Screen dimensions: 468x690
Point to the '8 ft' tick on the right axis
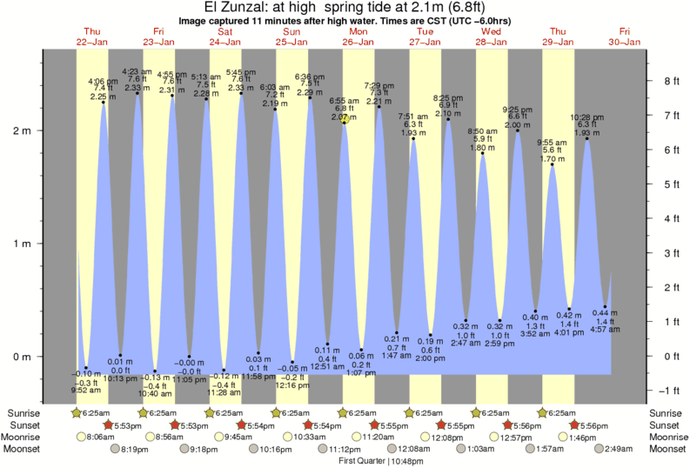[x=672, y=81]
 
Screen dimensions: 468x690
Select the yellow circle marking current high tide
[x=345, y=118]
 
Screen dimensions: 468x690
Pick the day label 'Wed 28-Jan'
[x=492, y=37]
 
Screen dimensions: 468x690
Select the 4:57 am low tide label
[x=604, y=329]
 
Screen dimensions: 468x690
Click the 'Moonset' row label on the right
[x=666, y=449]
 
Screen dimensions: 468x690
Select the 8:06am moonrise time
[x=103, y=438]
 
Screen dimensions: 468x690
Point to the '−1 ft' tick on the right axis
[x=671, y=390]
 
